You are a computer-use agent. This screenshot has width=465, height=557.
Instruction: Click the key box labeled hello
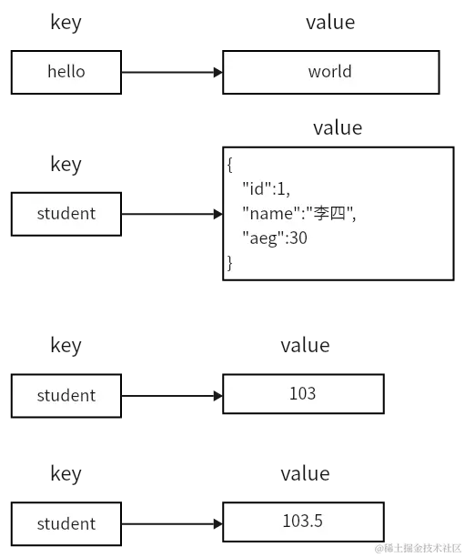click(x=66, y=71)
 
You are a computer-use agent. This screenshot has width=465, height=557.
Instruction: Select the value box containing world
click(x=329, y=71)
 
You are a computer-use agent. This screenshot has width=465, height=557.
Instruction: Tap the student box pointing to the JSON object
click(x=66, y=214)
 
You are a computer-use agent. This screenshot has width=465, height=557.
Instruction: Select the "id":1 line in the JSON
click(x=266, y=189)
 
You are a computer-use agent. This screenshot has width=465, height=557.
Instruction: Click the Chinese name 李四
click(x=326, y=214)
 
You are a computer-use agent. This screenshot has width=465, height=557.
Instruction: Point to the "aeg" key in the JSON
click(x=260, y=238)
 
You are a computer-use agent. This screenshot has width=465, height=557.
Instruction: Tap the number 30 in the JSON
click(x=298, y=238)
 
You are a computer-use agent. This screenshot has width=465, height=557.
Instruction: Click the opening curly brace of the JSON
click(x=231, y=165)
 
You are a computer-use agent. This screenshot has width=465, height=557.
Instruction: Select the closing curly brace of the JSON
click(x=231, y=263)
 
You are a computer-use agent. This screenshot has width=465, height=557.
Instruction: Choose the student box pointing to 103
click(x=66, y=395)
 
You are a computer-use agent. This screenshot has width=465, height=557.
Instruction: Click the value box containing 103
click(x=302, y=393)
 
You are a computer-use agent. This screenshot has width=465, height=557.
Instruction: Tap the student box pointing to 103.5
click(x=66, y=523)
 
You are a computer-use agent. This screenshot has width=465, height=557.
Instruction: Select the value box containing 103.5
click(x=302, y=522)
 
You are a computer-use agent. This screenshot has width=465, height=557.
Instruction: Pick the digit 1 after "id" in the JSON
click(x=282, y=189)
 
